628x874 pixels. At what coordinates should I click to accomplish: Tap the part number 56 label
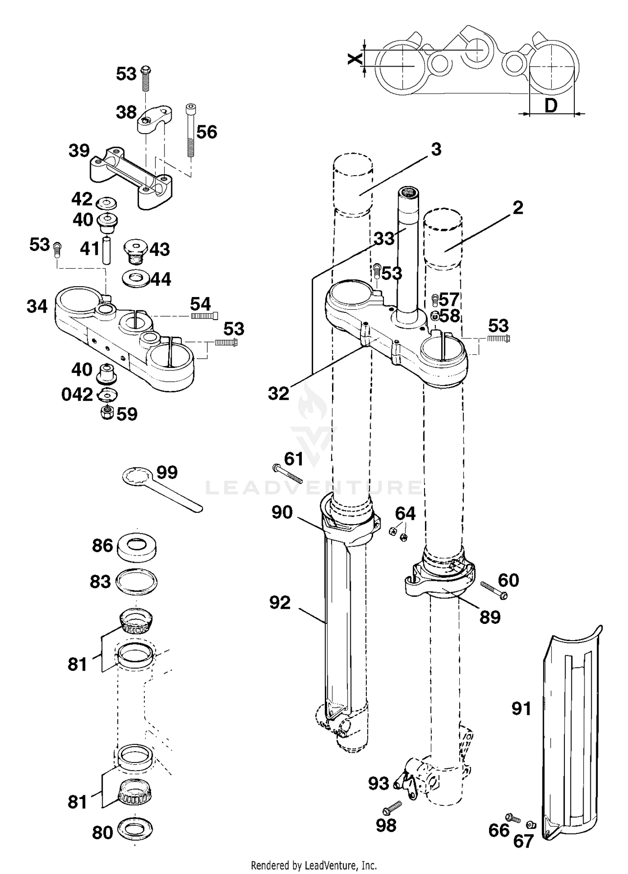click(x=207, y=132)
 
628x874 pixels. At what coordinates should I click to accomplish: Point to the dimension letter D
click(x=551, y=106)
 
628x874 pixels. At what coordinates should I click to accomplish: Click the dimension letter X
click(x=355, y=59)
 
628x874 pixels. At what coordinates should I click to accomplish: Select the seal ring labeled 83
click(x=136, y=582)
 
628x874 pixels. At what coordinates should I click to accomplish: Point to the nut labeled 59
click(x=108, y=412)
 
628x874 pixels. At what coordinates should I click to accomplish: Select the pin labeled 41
click(x=108, y=250)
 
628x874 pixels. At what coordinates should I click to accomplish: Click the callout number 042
click(x=77, y=395)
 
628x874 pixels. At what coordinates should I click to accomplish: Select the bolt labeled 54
click(x=205, y=316)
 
